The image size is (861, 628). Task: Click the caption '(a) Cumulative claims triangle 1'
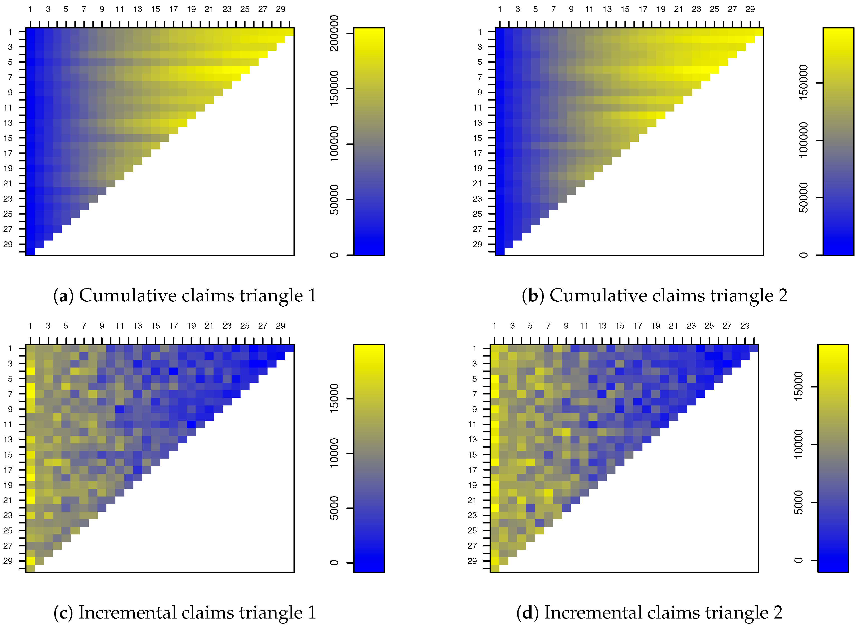[185, 296]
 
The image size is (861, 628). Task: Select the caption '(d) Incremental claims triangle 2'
[649, 613]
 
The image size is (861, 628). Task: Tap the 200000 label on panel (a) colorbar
[334, 33]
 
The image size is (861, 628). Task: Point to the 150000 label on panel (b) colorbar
[803, 83]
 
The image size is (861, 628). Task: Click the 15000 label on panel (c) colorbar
[334, 398]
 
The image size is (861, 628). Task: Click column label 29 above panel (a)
[281, 9]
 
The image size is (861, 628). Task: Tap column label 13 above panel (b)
[607, 9]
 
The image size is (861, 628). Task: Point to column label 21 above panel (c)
[209, 326]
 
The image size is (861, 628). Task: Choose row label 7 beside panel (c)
[10, 394]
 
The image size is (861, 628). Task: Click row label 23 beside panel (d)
[472, 515]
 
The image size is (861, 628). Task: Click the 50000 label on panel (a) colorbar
[334, 200]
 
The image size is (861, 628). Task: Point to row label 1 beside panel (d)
[474, 348]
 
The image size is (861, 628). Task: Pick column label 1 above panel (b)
[500, 9]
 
